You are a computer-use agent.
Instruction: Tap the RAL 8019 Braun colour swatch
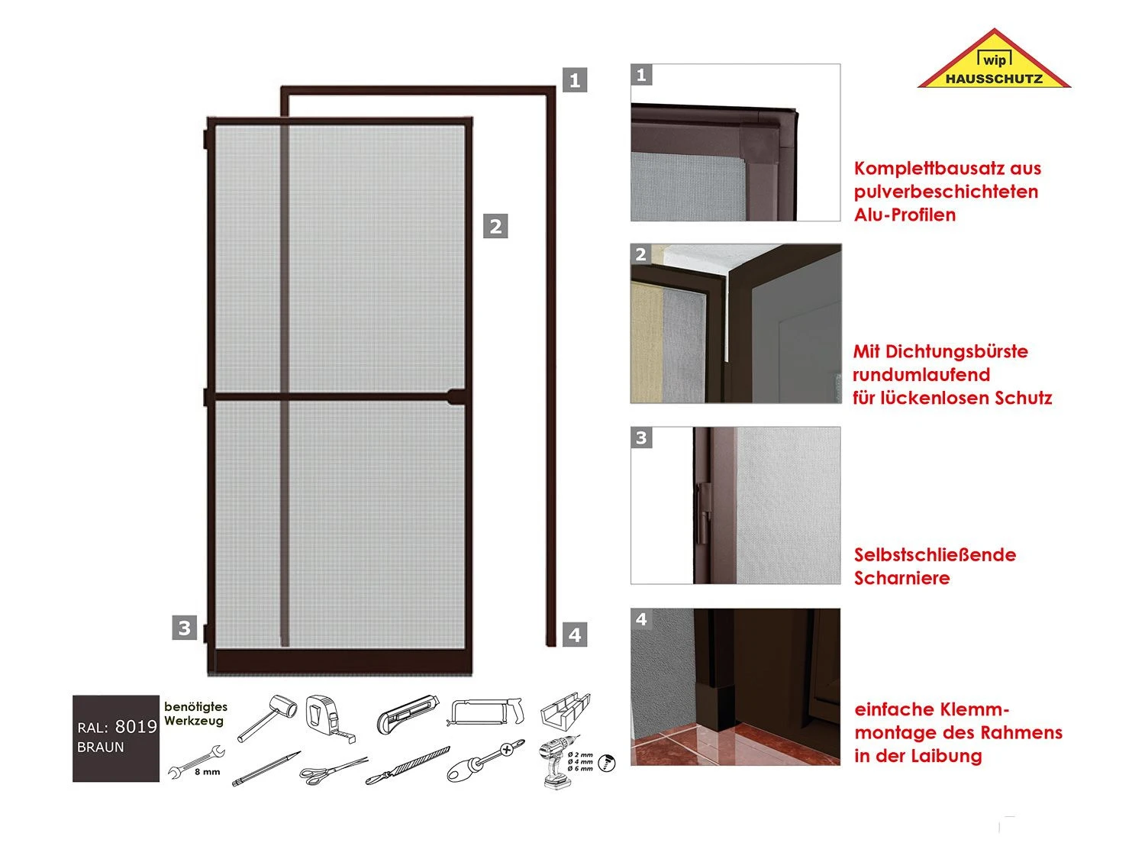tap(116, 738)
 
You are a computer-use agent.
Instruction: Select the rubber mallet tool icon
tap(267, 718)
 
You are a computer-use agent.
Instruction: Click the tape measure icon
tap(330, 718)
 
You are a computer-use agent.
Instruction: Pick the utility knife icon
tap(408, 714)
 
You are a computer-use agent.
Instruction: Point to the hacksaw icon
tap(485, 712)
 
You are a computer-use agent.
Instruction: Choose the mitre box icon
tap(565, 711)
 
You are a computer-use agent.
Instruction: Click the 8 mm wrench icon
tap(196, 763)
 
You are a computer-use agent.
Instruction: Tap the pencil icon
tap(266, 768)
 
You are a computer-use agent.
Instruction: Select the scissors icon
tap(334, 770)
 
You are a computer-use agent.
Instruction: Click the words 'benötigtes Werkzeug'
tap(195, 713)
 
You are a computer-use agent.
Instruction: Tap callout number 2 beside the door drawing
tap(495, 226)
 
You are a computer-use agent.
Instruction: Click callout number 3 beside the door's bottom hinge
tap(184, 628)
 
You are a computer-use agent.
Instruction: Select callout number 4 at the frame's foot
tap(574, 635)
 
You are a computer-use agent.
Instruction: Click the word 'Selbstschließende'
tap(935, 554)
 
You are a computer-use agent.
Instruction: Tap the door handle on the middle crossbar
tap(457, 396)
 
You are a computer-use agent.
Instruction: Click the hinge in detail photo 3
tap(703, 514)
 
